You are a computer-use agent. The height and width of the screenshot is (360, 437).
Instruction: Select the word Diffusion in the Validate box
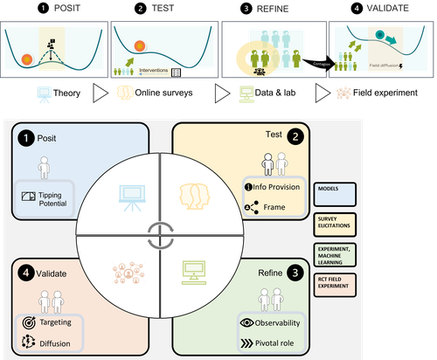(55, 342)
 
